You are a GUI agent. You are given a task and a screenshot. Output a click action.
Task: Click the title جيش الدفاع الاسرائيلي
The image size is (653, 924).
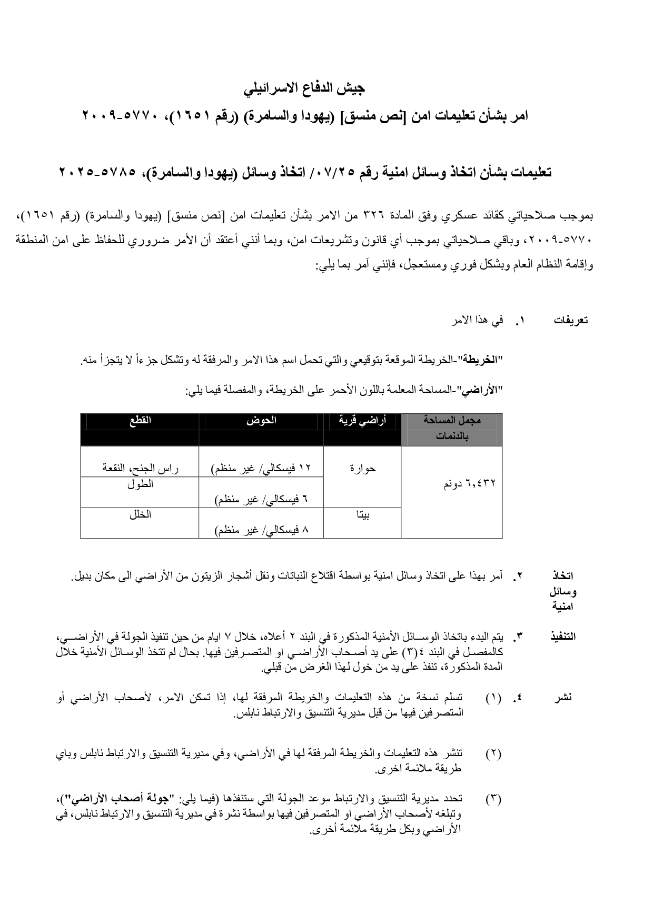(304, 88)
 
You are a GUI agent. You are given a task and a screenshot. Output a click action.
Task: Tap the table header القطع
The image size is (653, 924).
(140, 420)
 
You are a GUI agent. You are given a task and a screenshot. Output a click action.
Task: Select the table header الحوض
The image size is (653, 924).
(261, 420)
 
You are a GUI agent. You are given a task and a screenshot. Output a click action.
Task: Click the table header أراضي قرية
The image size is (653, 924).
(362, 420)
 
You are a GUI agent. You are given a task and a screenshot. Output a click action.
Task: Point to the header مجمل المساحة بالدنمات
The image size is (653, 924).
(452, 428)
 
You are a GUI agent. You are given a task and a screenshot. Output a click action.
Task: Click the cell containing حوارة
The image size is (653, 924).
(362, 468)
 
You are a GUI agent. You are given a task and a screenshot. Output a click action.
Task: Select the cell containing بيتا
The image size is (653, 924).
(362, 515)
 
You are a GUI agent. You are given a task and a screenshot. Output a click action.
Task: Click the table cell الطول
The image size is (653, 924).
(140, 484)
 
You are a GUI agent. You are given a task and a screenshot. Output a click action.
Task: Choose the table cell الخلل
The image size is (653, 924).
(140, 514)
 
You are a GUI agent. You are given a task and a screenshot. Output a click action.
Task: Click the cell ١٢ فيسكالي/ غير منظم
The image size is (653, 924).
(261, 468)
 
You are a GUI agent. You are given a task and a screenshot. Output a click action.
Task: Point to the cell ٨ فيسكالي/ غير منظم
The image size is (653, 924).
(261, 530)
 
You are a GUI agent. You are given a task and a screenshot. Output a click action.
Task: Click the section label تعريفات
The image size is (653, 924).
(570, 320)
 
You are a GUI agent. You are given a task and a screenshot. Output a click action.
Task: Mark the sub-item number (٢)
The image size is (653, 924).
(493, 753)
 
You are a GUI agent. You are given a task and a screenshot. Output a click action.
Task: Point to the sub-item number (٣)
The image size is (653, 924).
(493, 799)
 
